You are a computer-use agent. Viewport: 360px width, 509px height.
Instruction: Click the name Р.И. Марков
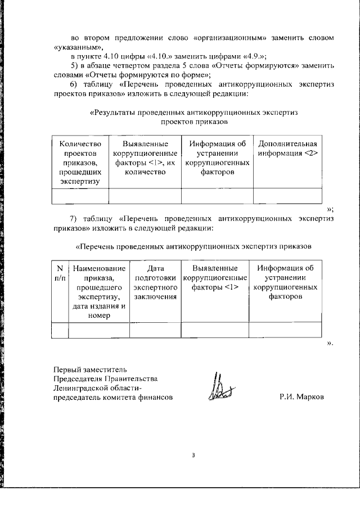[301, 397]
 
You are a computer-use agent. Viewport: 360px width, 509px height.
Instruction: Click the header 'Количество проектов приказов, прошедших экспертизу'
[79, 162]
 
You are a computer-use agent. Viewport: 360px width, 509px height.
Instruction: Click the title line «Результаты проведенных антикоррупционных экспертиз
[194, 112]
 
